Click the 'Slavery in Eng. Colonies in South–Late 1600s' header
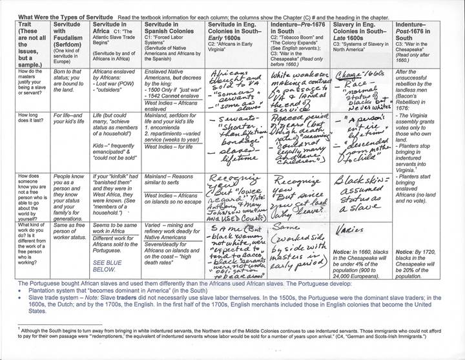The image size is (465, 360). click(x=360, y=27)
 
